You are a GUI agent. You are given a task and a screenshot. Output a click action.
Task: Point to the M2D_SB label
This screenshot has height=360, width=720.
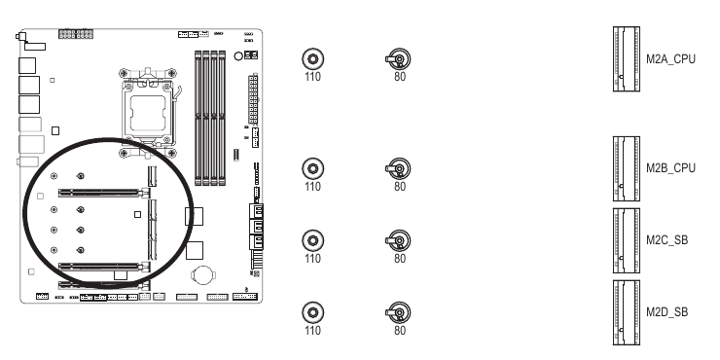(x=668, y=312)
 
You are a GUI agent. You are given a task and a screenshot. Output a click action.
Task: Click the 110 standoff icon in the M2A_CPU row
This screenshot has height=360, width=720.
(x=311, y=57)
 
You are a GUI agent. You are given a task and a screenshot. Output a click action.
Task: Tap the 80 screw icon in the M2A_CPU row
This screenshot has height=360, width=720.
(x=396, y=57)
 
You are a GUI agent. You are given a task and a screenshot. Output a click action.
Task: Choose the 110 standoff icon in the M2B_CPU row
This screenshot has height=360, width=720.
(x=311, y=167)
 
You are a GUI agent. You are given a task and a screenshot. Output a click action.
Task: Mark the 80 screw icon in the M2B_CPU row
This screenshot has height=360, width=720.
(x=396, y=167)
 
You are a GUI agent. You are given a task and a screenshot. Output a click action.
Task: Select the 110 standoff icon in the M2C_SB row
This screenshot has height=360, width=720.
(x=311, y=239)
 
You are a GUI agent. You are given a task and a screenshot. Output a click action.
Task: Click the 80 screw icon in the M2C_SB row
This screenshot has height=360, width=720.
(x=396, y=239)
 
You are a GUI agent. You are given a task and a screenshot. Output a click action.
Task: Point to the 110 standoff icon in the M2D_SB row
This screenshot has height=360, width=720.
(x=311, y=311)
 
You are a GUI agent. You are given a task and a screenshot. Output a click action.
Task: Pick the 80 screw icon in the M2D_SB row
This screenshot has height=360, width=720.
(x=396, y=311)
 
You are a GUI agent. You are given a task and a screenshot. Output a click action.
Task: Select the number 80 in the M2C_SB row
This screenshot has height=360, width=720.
(x=400, y=259)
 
